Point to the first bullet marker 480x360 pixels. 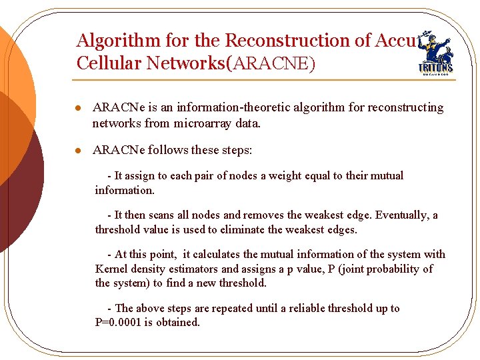79,108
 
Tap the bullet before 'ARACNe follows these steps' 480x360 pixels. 79,151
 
